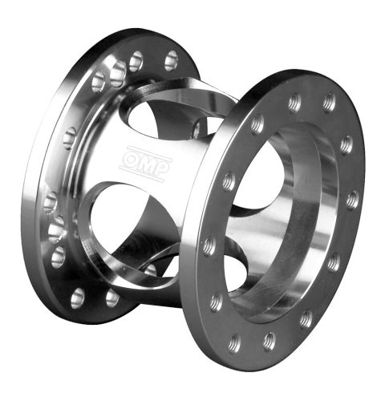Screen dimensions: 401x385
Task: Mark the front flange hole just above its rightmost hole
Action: (x=346, y=144)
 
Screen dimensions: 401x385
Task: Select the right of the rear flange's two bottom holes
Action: (x=112, y=298)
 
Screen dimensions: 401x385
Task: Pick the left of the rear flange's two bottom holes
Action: (x=78, y=298)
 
